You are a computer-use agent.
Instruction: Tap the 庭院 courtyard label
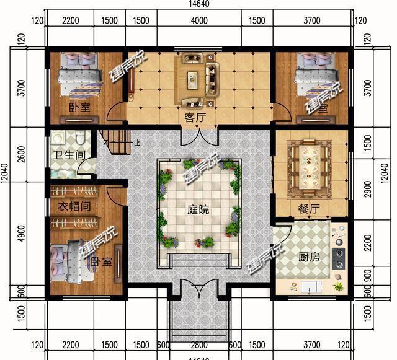coord(198,209)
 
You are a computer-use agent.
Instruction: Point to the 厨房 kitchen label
coord(308,257)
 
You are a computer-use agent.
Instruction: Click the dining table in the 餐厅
coord(308,164)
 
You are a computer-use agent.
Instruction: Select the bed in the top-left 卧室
coord(79,74)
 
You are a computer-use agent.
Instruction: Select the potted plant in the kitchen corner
coord(339,286)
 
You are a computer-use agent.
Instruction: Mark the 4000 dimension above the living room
coord(198,20)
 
